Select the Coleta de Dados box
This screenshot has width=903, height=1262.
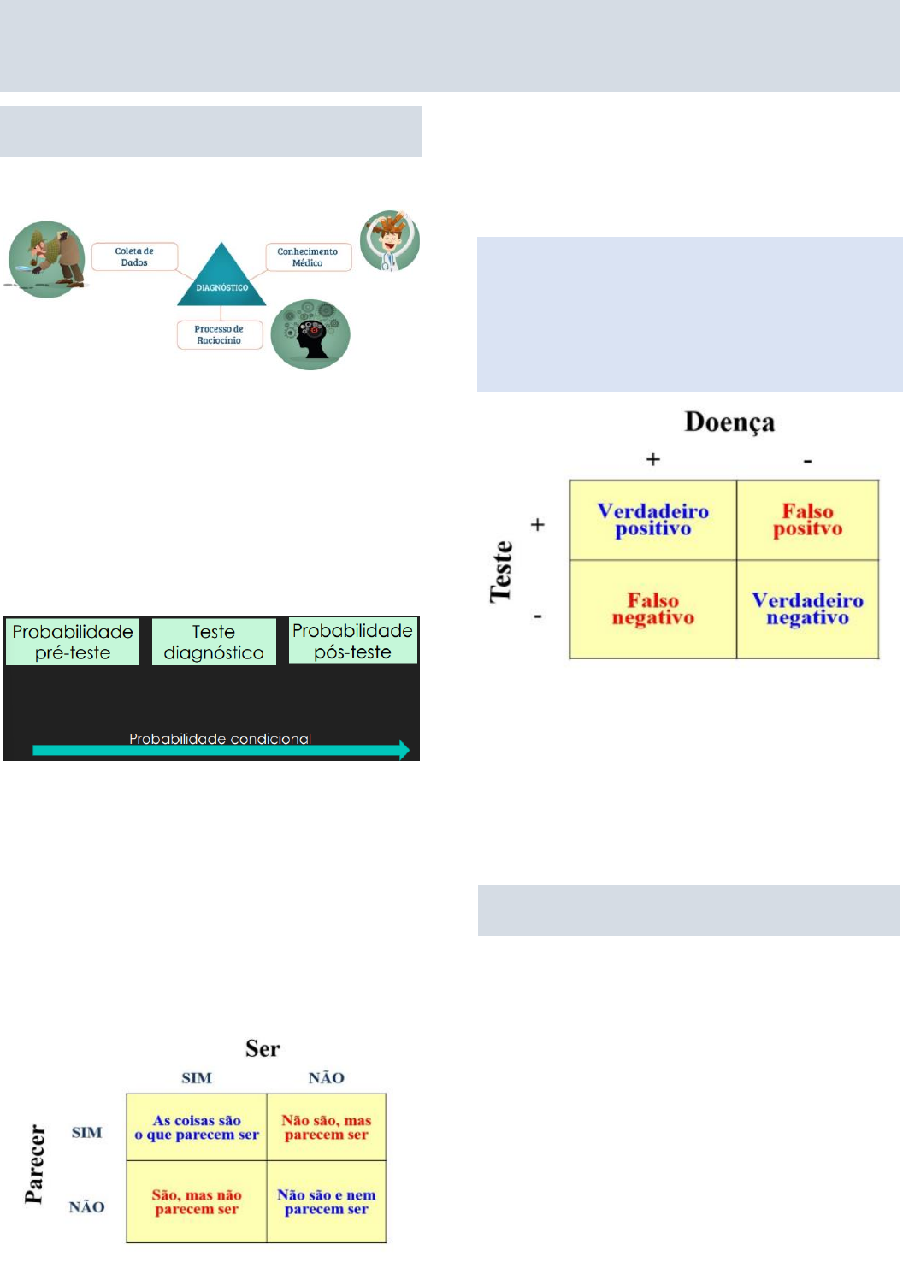[x=134, y=257]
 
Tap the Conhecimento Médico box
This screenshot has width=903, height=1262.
[x=308, y=257]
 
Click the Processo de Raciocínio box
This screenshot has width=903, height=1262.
[x=219, y=334]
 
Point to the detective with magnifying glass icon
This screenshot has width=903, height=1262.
[x=47, y=259]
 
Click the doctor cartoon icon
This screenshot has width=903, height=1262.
[x=390, y=241]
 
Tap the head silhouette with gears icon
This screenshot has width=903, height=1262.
[x=310, y=334]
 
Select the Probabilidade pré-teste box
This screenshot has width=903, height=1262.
[x=73, y=642]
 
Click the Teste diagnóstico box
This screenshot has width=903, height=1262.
[x=214, y=642]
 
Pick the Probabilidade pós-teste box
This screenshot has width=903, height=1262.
[x=352, y=641]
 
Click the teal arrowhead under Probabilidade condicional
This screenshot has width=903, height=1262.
[x=403, y=751]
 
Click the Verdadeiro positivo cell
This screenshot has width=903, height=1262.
[x=652, y=520]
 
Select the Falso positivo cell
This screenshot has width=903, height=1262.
[x=807, y=520]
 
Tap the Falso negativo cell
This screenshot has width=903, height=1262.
[x=652, y=609]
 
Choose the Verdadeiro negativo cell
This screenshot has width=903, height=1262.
[x=807, y=609]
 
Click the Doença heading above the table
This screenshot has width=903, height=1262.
[x=729, y=422]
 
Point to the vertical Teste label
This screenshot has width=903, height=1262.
[x=501, y=571]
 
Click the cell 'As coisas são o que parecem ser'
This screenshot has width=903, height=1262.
[x=197, y=1127]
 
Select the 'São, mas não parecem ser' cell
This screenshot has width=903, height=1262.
[x=197, y=1201]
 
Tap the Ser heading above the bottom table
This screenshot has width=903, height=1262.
[x=263, y=1049]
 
